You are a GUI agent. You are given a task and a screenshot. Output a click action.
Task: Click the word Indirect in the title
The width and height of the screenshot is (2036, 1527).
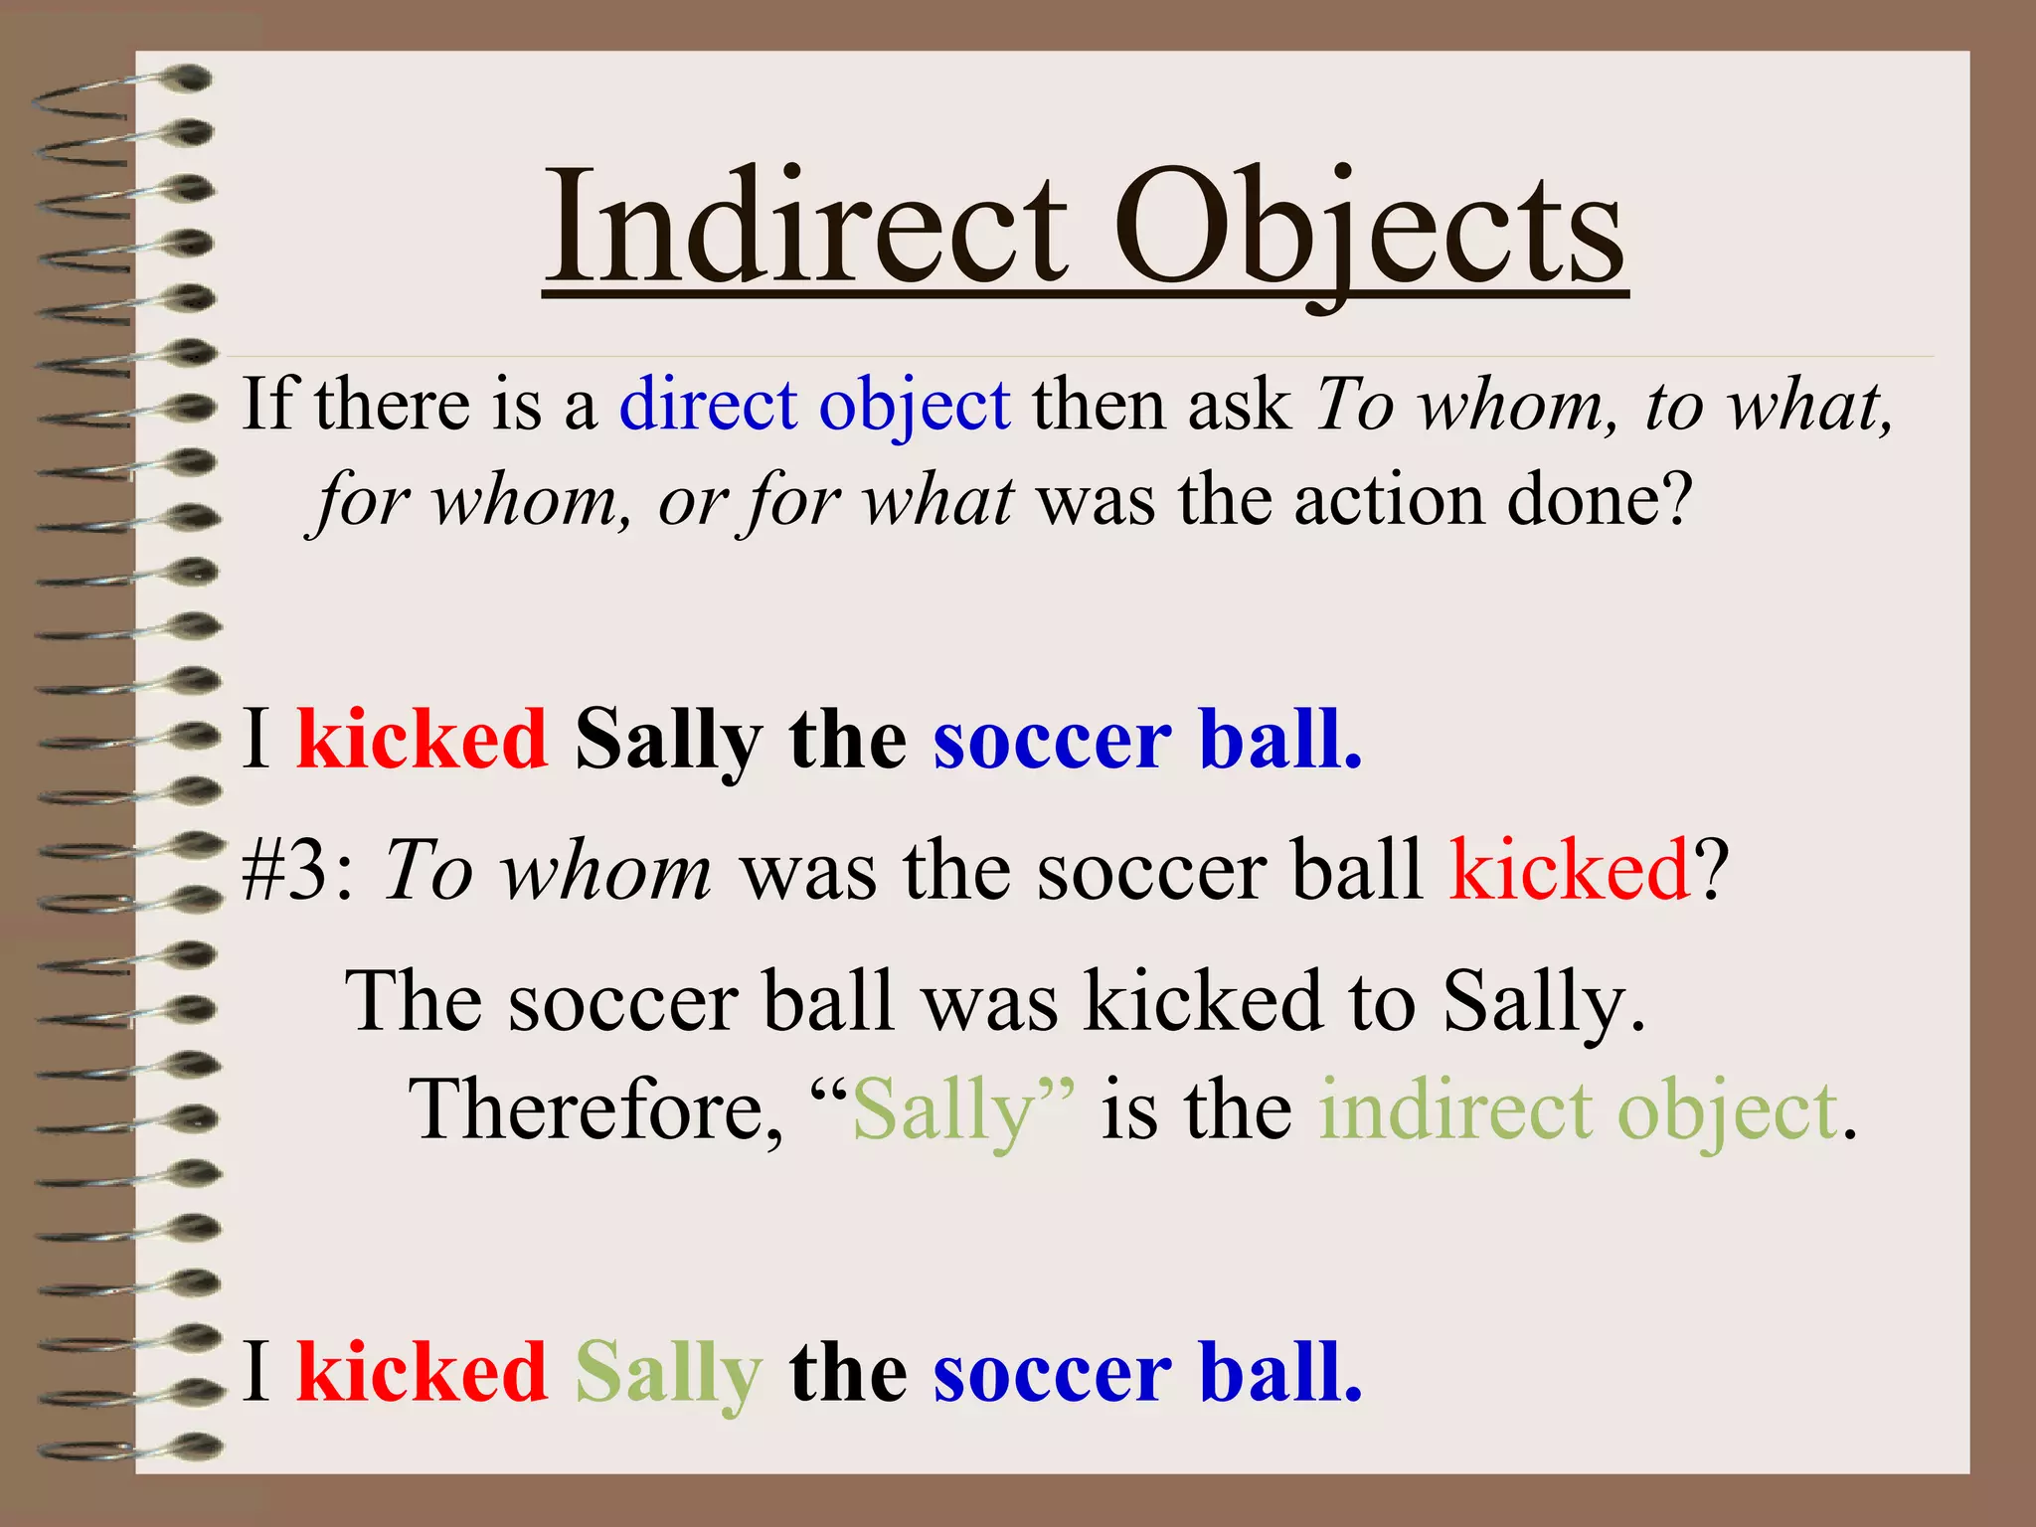point(806,228)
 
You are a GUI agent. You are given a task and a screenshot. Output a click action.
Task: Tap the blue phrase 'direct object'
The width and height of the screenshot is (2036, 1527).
point(815,406)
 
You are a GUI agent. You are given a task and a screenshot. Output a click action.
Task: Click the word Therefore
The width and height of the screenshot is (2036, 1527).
point(595,1110)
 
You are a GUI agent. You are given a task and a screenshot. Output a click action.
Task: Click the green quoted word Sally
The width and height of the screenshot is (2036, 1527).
point(943,1112)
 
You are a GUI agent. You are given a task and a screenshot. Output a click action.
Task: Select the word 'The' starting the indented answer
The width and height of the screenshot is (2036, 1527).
point(412,1001)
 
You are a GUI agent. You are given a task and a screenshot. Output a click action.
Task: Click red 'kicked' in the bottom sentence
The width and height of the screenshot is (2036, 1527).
point(422,1372)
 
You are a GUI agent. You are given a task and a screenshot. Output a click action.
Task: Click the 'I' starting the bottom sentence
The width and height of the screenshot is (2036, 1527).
point(256,1372)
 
